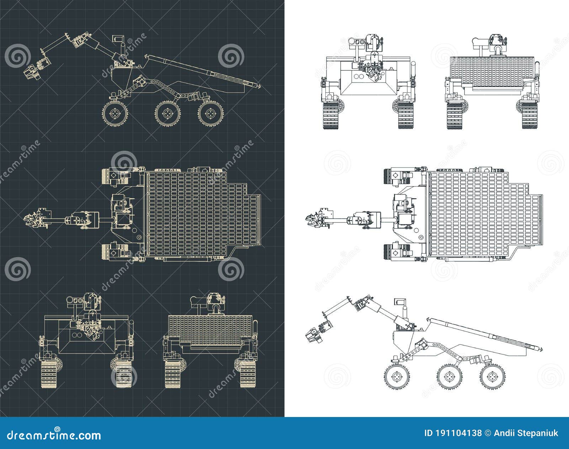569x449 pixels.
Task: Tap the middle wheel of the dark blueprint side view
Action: pyautogui.click(x=167, y=114)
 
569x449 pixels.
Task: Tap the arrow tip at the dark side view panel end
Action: pyautogui.click(x=261, y=86)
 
